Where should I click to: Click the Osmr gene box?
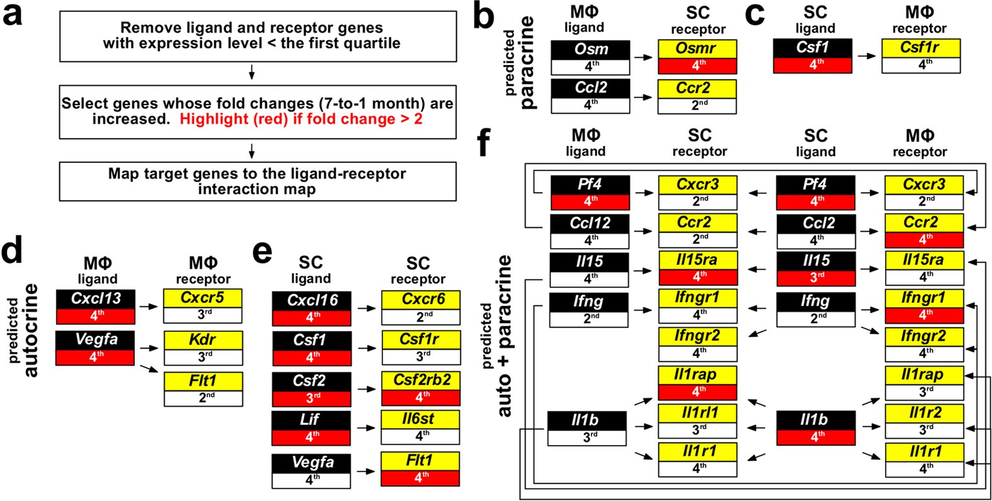[x=697, y=57]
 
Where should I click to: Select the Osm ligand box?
[x=590, y=58]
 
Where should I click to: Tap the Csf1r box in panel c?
[x=920, y=55]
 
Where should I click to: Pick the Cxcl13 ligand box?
[x=95, y=307]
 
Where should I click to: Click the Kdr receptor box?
[x=203, y=347]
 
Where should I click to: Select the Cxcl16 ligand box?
[x=312, y=308]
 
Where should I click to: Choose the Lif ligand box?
[x=312, y=427]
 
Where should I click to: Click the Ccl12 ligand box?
[x=590, y=231]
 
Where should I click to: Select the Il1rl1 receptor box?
[x=697, y=420]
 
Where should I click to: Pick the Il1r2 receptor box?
[x=924, y=420]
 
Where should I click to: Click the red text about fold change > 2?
[x=301, y=119]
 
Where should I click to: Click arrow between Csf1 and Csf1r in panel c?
[x=867, y=55]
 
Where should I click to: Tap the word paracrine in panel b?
[x=527, y=63]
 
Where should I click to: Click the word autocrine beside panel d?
[x=30, y=330]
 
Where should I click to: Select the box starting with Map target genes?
[x=257, y=181]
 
